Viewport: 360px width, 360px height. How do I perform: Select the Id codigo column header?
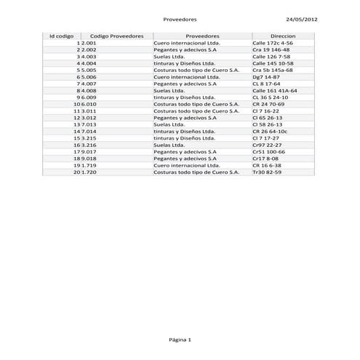61,36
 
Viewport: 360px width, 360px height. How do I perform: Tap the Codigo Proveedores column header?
117,36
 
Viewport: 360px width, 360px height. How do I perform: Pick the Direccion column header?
283,36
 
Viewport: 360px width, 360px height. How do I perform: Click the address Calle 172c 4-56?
273,44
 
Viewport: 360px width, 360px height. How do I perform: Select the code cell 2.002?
89,50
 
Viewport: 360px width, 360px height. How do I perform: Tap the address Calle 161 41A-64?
275,90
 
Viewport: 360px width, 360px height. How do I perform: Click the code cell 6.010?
89,104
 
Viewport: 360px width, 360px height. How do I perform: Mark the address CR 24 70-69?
268,104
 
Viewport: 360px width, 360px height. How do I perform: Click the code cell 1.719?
89,165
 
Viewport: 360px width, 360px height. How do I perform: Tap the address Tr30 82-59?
267,172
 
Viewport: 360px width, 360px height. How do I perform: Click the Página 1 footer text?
180,340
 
